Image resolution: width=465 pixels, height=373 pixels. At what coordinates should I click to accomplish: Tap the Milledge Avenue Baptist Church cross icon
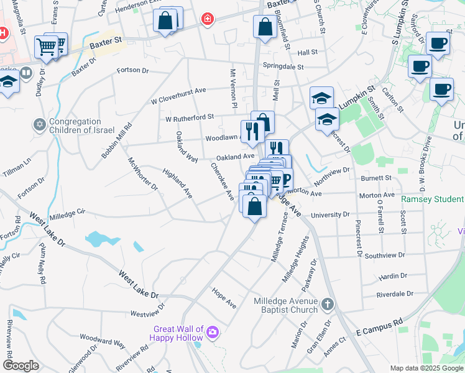(x=328, y=305)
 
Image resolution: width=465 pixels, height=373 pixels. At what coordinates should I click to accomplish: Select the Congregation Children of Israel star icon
(x=40, y=125)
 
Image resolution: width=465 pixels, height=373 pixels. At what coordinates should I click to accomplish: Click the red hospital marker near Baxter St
(x=206, y=21)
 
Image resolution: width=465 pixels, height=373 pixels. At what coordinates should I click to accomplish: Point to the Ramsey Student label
(x=432, y=200)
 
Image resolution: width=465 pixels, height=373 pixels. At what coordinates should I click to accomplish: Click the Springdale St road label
(x=283, y=67)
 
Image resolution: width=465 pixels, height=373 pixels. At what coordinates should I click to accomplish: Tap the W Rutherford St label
(x=189, y=117)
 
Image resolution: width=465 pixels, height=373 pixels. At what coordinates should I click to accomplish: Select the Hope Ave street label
(x=224, y=298)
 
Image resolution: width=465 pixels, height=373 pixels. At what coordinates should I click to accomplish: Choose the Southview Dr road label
(x=385, y=255)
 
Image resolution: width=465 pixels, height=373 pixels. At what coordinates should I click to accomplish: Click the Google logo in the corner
(x=21, y=365)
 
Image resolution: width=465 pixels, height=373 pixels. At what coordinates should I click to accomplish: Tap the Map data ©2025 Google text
(x=425, y=368)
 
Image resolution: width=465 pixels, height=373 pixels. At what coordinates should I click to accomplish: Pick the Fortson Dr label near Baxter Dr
(x=133, y=70)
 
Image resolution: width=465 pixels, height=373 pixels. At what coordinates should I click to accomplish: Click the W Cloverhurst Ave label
(x=178, y=93)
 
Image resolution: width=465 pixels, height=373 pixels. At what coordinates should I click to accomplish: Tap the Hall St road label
(x=307, y=53)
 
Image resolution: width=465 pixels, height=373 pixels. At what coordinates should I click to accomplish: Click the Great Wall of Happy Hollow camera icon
(x=213, y=333)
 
